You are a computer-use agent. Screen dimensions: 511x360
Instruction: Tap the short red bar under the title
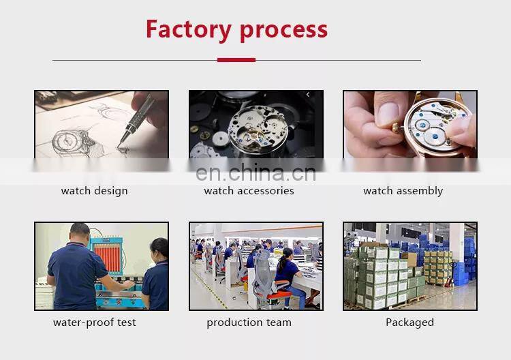pyautogui.click(x=236, y=60)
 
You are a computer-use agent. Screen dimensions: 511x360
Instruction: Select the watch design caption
pyautogui.click(x=94, y=191)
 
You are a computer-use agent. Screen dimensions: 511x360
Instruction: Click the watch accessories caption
pyautogui.click(x=249, y=191)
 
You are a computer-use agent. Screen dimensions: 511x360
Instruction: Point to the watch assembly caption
pyautogui.click(x=403, y=191)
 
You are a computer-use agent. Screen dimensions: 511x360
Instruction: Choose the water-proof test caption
pyautogui.click(x=94, y=322)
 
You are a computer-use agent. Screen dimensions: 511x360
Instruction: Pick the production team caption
pyautogui.click(x=249, y=322)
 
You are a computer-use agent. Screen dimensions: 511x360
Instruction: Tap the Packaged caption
pyautogui.click(x=409, y=322)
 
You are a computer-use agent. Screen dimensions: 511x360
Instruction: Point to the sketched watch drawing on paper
pyautogui.click(x=68, y=140)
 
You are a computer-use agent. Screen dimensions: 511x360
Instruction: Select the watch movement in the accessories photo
pyautogui.click(x=256, y=126)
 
